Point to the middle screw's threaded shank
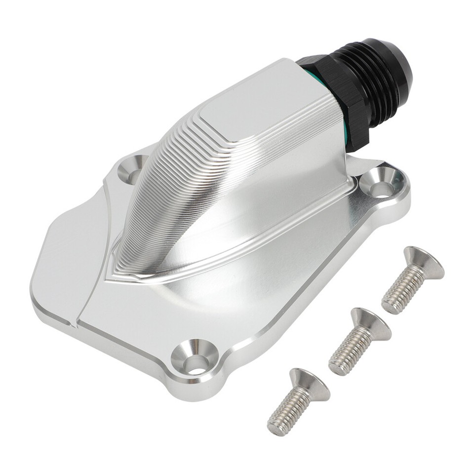349,352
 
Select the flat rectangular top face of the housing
252,104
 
